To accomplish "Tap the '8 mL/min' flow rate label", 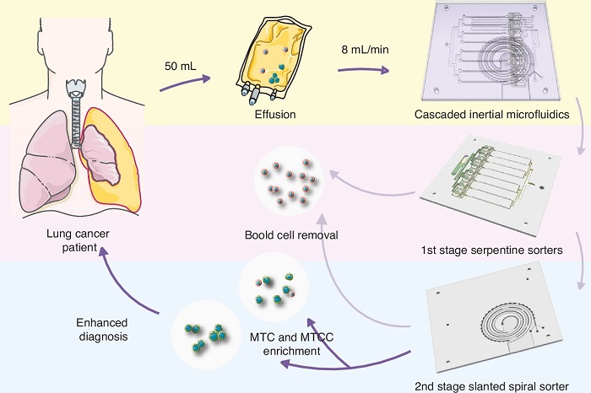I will pyautogui.click(x=365, y=51).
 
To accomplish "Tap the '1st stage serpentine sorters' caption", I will pyautogui.click(x=491, y=250).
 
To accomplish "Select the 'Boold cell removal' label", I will pyautogui.click(x=291, y=235).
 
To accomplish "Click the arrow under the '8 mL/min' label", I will pyautogui.click(x=363, y=69).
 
